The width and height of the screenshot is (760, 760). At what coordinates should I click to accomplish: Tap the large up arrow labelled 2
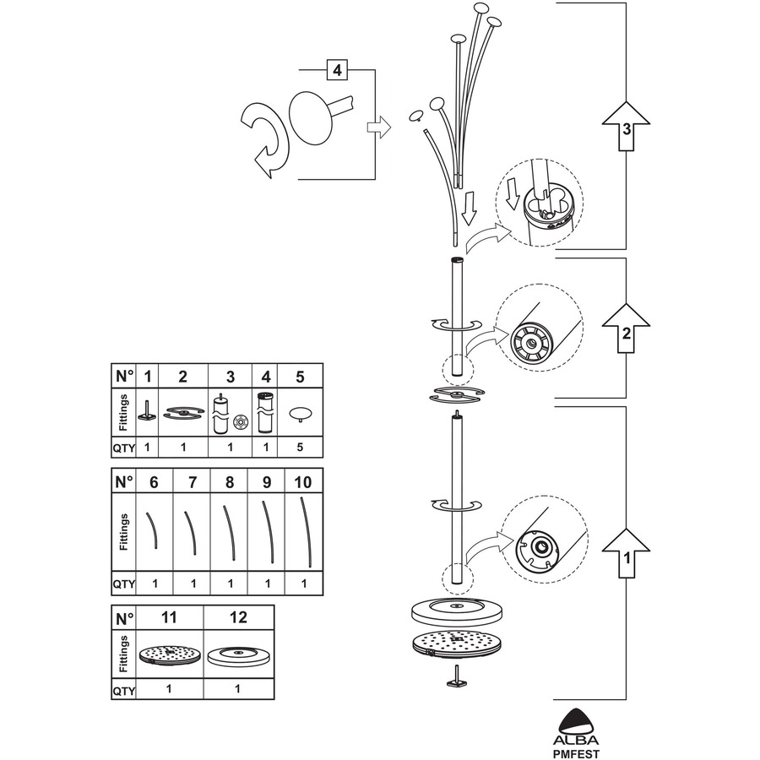coord(626,329)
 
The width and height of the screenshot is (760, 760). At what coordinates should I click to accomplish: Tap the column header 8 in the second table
coord(230,482)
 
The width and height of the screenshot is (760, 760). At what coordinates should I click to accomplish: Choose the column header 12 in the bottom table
coord(238,617)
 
